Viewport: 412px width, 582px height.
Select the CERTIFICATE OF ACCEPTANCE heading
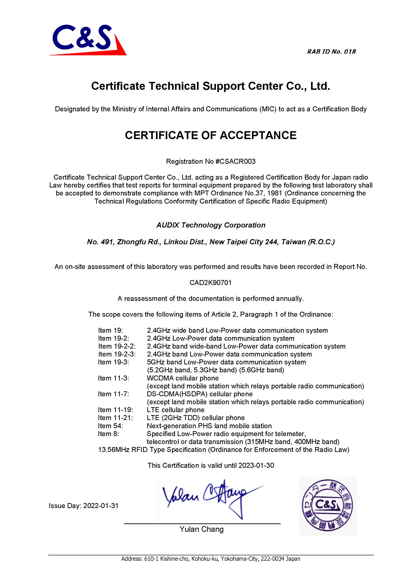[211, 135]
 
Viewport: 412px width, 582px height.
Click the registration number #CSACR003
[235, 162]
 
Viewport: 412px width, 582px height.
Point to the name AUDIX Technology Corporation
[211, 225]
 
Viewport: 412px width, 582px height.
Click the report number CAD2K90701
[211, 283]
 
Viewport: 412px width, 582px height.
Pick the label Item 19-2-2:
[117, 346]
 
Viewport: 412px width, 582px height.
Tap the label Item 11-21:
[115, 418]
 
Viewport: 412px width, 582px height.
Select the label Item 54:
[110, 426]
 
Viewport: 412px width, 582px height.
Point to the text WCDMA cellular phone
[183, 378]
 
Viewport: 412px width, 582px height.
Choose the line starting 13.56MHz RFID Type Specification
[223, 450]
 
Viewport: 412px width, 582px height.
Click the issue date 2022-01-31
[101, 506]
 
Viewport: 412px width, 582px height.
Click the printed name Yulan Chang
[201, 529]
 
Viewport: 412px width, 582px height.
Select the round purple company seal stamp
[327, 505]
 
